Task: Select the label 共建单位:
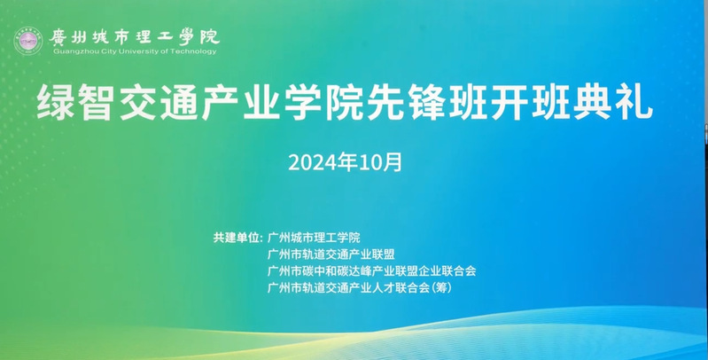pos(238,238)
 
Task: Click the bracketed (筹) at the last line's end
pos(453,288)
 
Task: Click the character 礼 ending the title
pos(637,105)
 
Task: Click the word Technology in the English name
pos(196,52)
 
